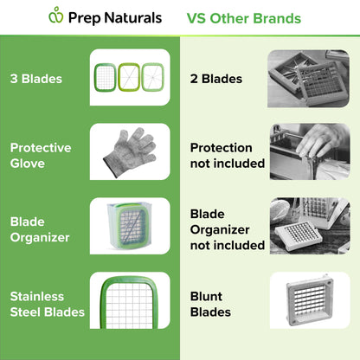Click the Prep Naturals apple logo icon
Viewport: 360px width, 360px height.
pyautogui.click(x=56, y=16)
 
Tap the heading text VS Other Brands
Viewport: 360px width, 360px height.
pyautogui.click(x=243, y=18)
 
